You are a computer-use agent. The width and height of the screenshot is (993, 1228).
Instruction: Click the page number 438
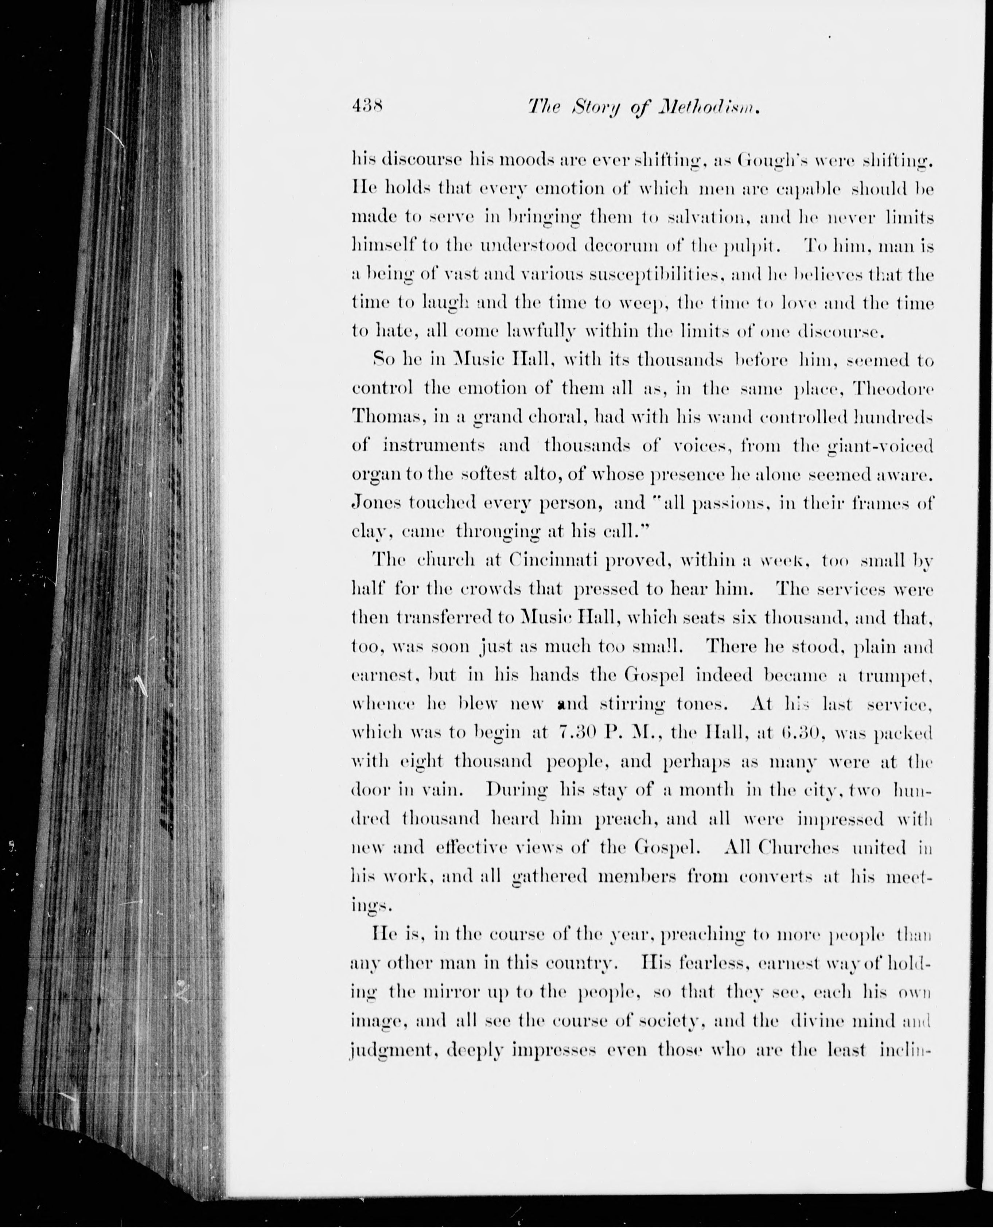[x=367, y=107]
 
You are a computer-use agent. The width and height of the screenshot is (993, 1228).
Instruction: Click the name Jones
[x=375, y=503]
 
